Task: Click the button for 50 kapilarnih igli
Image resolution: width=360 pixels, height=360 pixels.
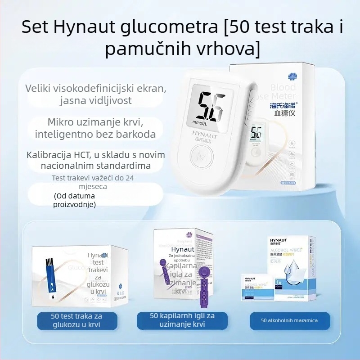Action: [182, 320]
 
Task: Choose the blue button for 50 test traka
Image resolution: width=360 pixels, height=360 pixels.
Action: [76, 320]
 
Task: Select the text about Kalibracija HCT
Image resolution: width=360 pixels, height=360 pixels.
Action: [95, 160]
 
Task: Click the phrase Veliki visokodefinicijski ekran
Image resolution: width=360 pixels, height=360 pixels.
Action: [95, 89]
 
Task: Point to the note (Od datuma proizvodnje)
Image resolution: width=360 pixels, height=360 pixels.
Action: [75, 200]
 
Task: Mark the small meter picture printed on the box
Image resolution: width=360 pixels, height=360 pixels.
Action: [257, 135]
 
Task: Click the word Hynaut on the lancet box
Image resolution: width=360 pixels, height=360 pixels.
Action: [183, 249]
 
